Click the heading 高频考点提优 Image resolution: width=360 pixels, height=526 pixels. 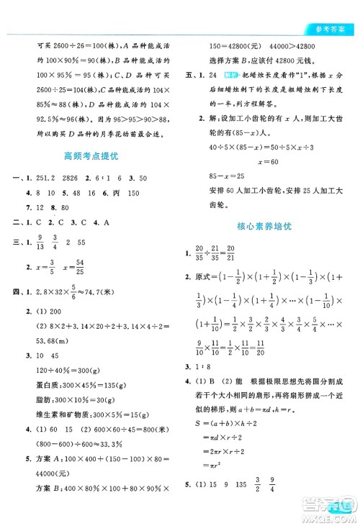click(91, 155)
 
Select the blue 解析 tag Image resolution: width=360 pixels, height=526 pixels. click(231, 75)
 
